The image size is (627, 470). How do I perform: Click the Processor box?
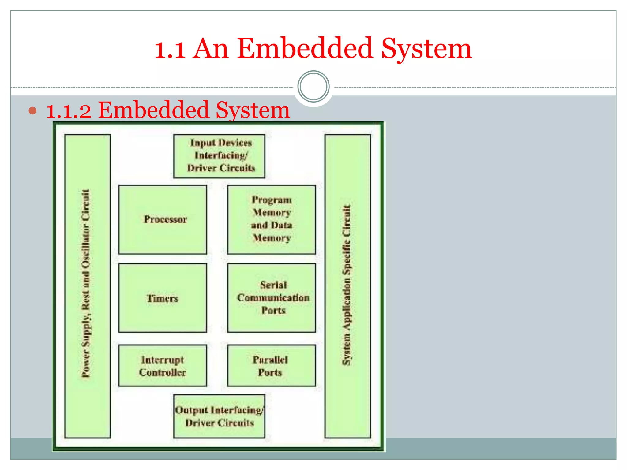163,219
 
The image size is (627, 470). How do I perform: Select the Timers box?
163,298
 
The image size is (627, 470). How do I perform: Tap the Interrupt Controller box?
163,366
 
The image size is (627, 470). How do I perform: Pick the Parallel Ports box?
271,366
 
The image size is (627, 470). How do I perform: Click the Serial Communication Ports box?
271,298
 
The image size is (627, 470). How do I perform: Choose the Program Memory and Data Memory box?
271,219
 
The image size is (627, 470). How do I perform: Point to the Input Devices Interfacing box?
219,156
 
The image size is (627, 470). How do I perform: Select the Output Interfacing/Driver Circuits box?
219,416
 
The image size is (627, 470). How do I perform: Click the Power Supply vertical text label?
86,283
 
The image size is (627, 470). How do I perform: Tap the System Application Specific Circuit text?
347,285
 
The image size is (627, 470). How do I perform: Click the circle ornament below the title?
313,86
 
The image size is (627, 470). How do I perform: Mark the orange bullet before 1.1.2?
32,110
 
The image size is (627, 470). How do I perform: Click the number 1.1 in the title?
170,49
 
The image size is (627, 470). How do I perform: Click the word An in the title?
211,49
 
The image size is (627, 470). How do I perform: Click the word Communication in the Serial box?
273,298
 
